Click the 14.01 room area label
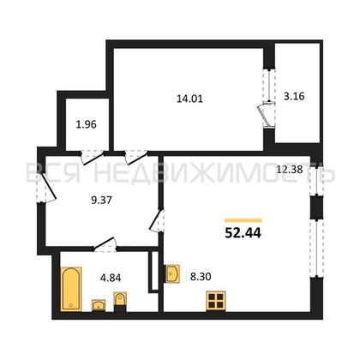click(x=189, y=99)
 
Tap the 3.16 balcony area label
click(x=294, y=96)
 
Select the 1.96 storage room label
click(x=87, y=124)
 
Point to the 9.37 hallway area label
click(x=101, y=201)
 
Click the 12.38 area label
click(x=290, y=170)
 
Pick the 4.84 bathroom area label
click(x=111, y=278)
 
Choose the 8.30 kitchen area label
click(x=201, y=276)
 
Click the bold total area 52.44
click(x=243, y=233)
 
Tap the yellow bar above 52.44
click(x=243, y=220)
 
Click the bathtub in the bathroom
click(x=71, y=289)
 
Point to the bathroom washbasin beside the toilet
click(x=99, y=305)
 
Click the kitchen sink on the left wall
click(x=171, y=273)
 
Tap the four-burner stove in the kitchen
click(x=216, y=301)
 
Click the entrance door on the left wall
click(x=45, y=188)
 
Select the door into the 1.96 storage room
click(x=92, y=158)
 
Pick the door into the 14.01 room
click(x=136, y=158)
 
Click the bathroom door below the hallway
click(x=105, y=245)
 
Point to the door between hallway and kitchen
click(x=157, y=221)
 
